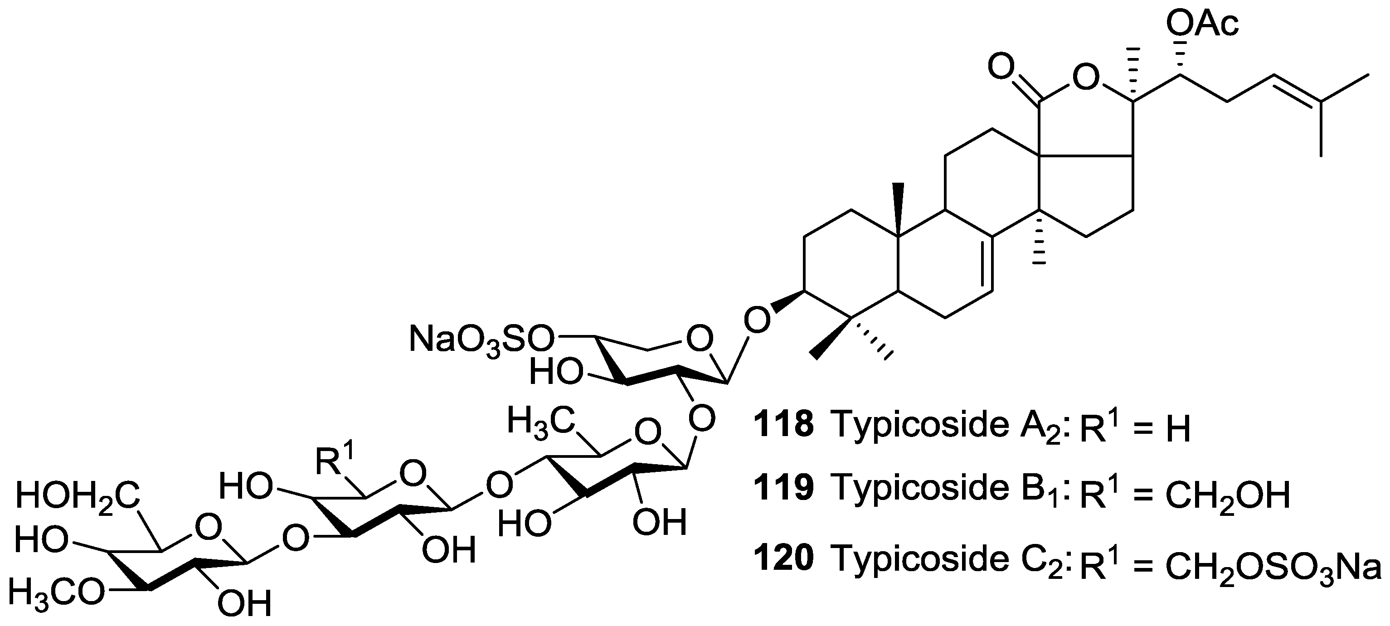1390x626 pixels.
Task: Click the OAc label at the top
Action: coord(1202,24)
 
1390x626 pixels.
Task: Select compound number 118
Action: coord(783,424)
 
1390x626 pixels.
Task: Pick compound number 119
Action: coord(783,488)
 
